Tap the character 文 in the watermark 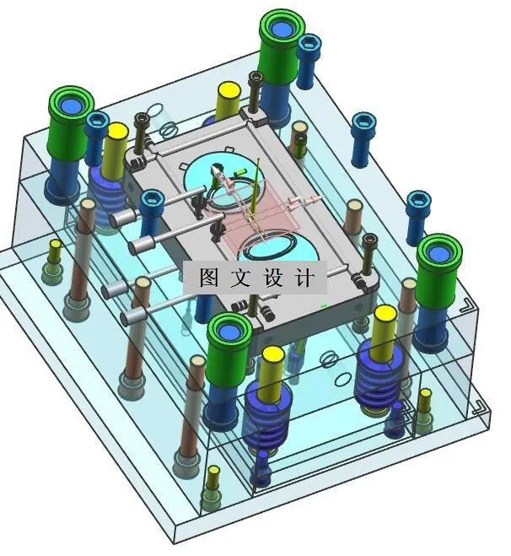click(x=242, y=278)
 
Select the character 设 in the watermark click(x=275, y=278)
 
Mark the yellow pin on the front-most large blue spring click(x=272, y=354)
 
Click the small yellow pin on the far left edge click(x=55, y=246)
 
